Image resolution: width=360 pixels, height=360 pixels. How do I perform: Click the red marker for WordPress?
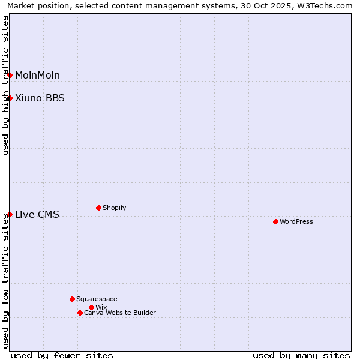tap(275, 221)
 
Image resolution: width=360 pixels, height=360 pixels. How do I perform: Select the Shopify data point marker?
tap(98, 208)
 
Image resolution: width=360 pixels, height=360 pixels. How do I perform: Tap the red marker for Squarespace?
tap(72, 299)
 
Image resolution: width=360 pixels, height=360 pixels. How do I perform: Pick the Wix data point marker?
tap(91, 307)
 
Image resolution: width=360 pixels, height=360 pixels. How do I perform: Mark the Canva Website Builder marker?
tap(80, 313)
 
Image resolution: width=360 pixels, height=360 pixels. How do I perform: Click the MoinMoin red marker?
tap(10, 75)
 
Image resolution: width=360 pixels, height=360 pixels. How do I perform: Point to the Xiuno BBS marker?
tap(10, 98)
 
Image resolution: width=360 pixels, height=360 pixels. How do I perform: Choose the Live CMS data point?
tap(10, 214)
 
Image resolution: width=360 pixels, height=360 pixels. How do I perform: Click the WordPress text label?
tap(296, 221)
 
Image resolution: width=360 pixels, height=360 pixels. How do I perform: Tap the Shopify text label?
tap(115, 208)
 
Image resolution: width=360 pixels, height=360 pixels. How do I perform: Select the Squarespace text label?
tap(97, 299)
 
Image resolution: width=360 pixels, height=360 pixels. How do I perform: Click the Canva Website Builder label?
tap(120, 313)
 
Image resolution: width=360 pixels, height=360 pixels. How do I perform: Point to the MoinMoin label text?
tap(37, 75)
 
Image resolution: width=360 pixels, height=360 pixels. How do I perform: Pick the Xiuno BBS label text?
tap(40, 98)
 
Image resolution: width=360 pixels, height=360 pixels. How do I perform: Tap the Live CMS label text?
tap(37, 214)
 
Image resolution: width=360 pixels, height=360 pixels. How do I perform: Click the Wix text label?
tap(101, 307)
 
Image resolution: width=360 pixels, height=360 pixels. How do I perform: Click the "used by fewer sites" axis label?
tap(62, 355)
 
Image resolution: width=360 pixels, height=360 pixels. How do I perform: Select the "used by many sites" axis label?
tap(301, 355)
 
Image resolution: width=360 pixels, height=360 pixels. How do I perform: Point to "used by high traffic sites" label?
tap(5, 85)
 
